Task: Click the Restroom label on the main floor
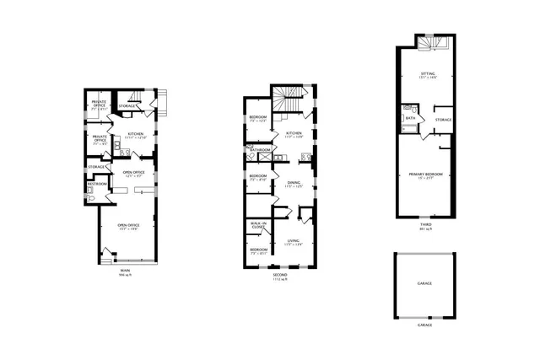96,183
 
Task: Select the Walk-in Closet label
258,225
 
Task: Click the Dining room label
293,184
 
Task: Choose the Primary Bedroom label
426,175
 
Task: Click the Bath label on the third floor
410,118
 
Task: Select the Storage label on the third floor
443,120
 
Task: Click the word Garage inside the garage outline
424,283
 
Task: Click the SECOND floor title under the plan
279,275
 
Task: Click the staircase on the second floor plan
293,99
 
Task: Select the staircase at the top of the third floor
428,43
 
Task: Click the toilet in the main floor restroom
89,191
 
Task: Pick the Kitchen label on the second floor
294,133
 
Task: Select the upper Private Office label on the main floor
100,104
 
